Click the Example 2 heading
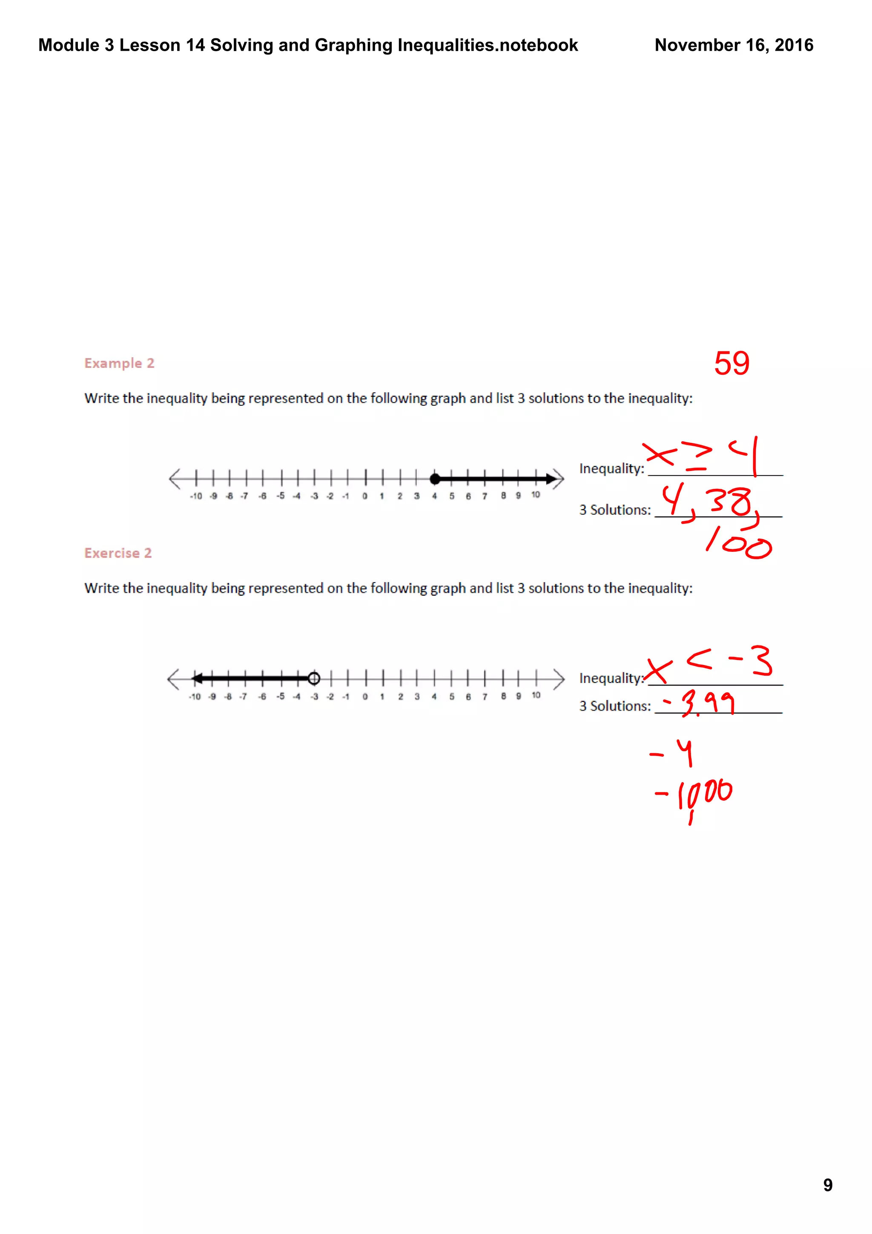pos(119,363)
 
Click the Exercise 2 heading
pos(118,553)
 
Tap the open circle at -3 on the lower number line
pos(314,678)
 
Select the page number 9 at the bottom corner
pos(827,1185)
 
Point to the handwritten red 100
pos(739,543)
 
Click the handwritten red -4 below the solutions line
pos(673,752)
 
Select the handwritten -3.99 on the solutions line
pos(700,703)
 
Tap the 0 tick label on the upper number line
pos(365,496)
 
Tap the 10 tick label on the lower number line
pos(536,695)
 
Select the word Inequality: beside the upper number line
pos(611,469)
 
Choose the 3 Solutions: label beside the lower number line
pos(615,706)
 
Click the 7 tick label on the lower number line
pos(485,697)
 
